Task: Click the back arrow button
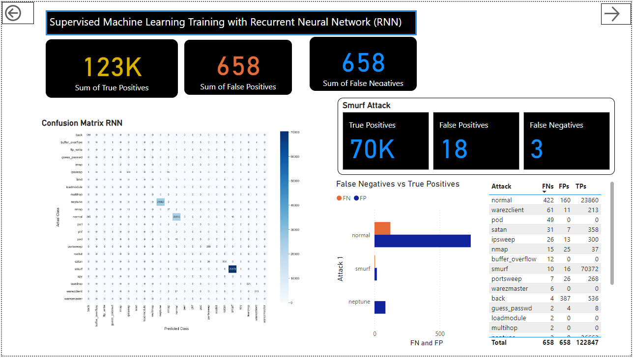click(x=13, y=13)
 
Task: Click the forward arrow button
click(x=612, y=14)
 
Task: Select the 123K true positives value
click(x=113, y=67)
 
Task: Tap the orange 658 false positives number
click(x=238, y=66)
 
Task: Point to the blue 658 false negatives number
click(x=363, y=63)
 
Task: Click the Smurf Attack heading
click(x=367, y=106)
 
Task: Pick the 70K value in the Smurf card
click(x=372, y=149)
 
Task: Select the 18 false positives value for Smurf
click(x=454, y=149)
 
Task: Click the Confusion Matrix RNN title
click(x=82, y=123)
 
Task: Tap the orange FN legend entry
click(x=344, y=198)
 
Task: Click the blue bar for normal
click(x=422, y=241)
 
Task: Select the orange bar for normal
click(x=382, y=228)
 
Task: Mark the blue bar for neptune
click(x=380, y=307)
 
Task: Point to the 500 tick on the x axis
click(x=440, y=334)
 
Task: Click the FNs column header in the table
click(x=548, y=187)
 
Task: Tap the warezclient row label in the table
click(x=507, y=210)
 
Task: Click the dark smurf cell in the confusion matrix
click(x=232, y=269)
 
